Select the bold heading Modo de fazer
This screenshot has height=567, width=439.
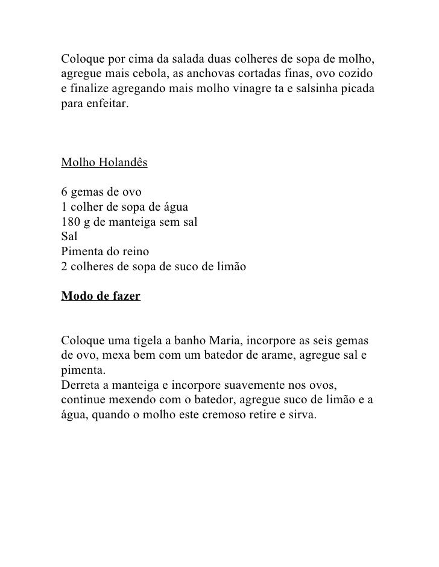click(101, 297)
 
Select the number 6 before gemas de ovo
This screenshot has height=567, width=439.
click(65, 193)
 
